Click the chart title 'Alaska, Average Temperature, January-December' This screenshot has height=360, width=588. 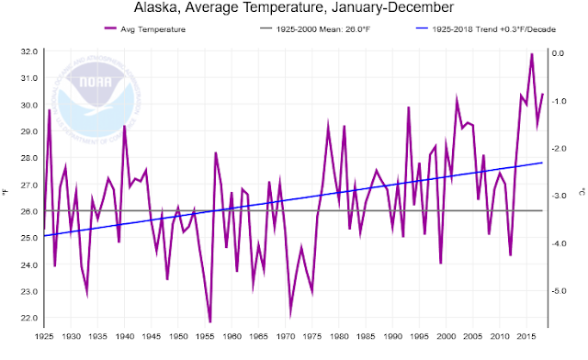click(x=294, y=11)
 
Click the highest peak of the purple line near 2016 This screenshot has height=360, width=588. click(x=531, y=54)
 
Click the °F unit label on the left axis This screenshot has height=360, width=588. click(x=8, y=191)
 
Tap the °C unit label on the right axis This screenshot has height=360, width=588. click(x=581, y=191)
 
